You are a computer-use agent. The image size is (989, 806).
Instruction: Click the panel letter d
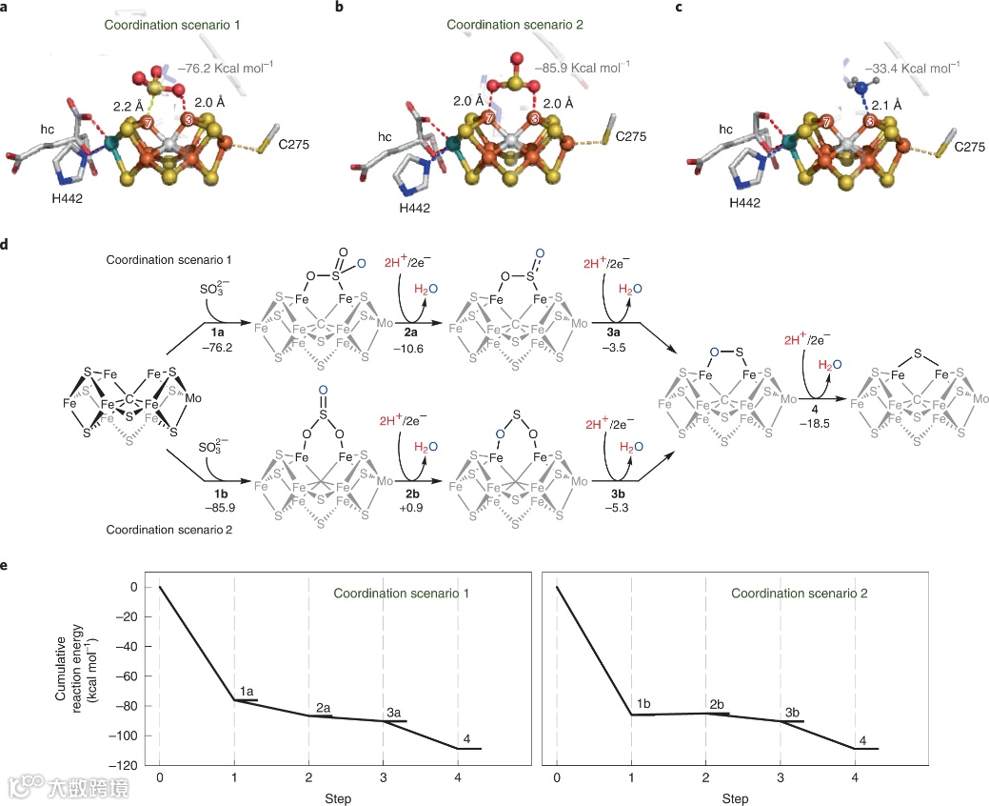pyautogui.click(x=6, y=245)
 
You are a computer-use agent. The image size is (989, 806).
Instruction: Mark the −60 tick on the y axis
pyautogui.click(x=128, y=676)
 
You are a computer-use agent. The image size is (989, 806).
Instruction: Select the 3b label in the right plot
pyautogui.click(x=792, y=713)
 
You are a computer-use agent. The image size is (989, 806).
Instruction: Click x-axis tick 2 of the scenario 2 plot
pyautogui.click(x=705, y=777)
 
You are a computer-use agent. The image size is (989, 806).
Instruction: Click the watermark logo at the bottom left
pyautogui.click(x=23, y=786)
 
